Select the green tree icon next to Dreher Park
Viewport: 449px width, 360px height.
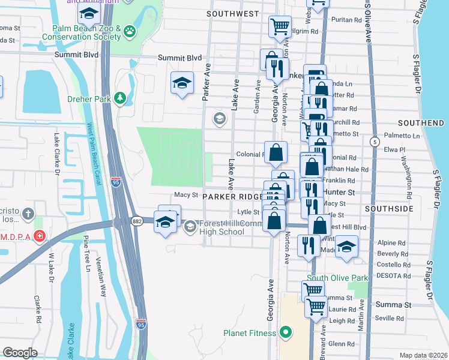coord(121,97)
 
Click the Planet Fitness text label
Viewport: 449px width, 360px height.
coord(249,333)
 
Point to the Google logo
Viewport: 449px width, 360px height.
coord(21,352)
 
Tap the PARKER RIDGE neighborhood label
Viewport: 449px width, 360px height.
coord(232,197)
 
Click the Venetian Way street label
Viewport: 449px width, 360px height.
coord(103,282)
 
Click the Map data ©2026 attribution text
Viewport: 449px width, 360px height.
coord(423,355)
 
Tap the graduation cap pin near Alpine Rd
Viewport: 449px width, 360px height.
coord(346,246)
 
